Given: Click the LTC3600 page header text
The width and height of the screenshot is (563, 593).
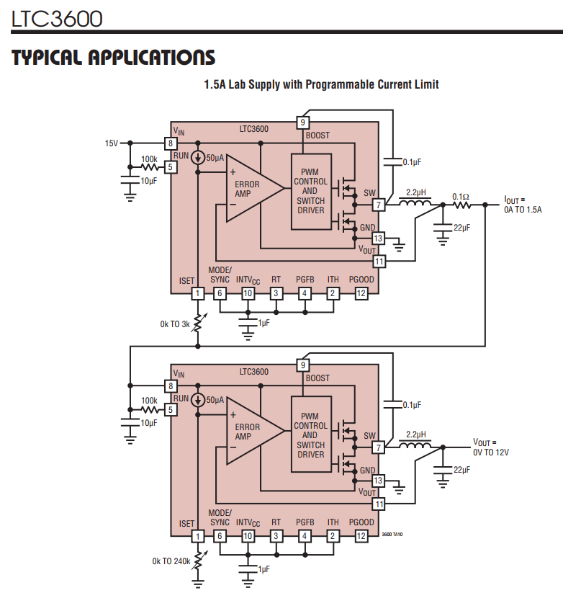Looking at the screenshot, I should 57,18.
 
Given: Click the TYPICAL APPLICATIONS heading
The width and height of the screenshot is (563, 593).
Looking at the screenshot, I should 113,58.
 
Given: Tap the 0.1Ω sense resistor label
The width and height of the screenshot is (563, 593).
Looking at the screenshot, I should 461,196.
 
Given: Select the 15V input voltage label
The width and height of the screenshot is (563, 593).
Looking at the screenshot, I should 111,143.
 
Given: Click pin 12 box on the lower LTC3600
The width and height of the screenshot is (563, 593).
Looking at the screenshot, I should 361,536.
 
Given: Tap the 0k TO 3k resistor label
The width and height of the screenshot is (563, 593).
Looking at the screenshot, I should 175,324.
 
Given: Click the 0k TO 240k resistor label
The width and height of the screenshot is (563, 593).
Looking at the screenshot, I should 171,561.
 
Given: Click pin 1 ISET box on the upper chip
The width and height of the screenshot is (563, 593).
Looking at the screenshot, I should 197,293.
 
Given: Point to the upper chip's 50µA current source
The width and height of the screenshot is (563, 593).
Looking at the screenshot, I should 197,157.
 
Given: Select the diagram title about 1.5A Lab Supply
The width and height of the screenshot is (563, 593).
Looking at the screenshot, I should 321,84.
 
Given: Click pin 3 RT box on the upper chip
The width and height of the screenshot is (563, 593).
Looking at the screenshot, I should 276,293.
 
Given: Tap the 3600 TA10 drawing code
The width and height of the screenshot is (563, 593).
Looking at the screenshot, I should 392,534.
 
